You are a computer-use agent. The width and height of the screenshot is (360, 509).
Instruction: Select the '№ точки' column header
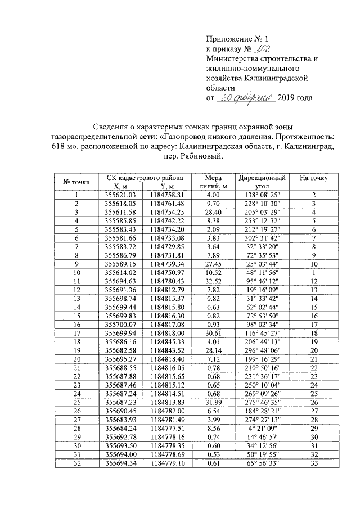point(76,182)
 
